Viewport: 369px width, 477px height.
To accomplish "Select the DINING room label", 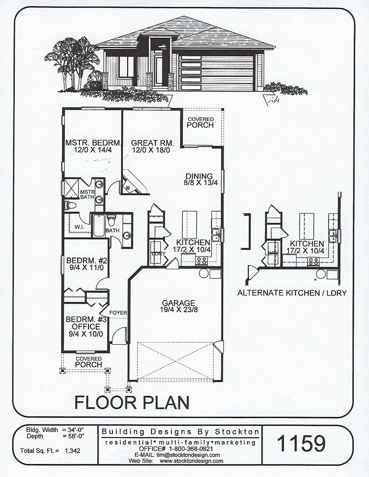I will pyautogui.click(x=199, y=176).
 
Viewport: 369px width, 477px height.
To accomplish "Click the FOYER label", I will pyautogui.click(x=117, y=312).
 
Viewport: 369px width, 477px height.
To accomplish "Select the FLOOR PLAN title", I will pyautogui.click(x=132, y=402).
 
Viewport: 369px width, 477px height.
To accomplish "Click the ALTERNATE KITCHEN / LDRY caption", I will pyautogui.click(x=292, y=293).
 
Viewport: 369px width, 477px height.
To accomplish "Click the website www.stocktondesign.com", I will pyautogui.click(x=191, y=461).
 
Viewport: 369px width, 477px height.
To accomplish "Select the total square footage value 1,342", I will pyautogui.click(x=72, y=451).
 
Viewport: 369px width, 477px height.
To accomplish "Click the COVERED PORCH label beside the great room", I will pyautogui.click(x=200, y=122).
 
